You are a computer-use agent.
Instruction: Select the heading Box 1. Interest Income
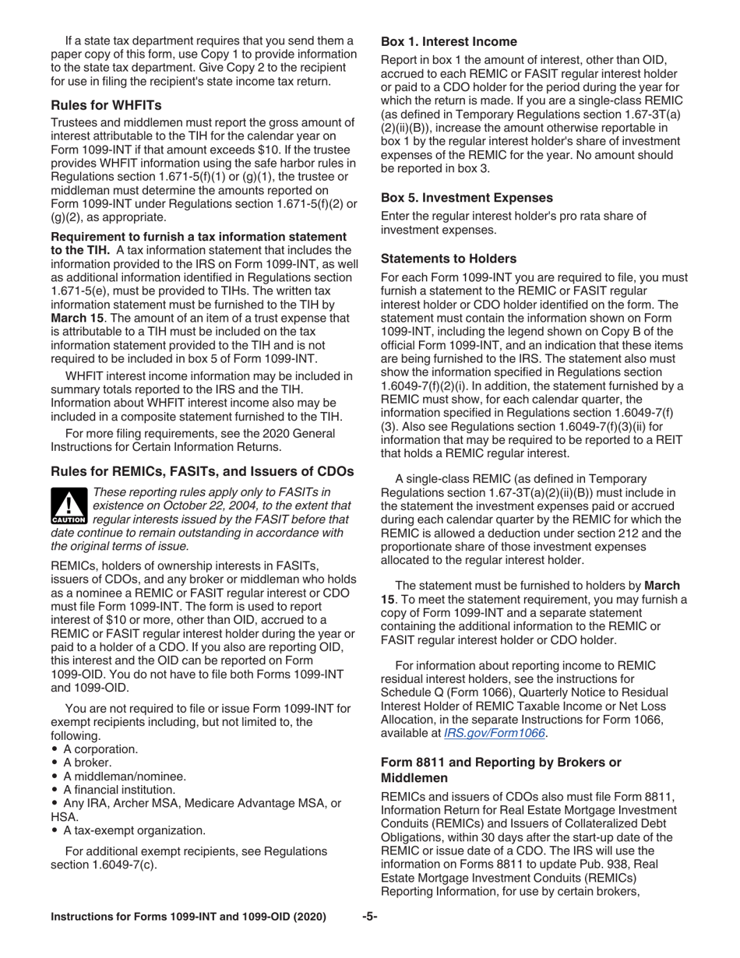(x=448, y=41)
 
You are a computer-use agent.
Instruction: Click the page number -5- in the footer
(x=369, y=917)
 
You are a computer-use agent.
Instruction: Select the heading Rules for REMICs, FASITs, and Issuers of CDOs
(x=203, y=471)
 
